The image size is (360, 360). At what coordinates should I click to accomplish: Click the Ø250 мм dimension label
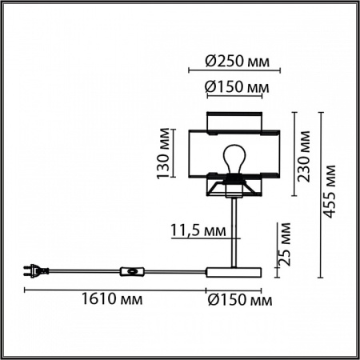238,62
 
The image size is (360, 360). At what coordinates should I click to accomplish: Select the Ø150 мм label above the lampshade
237,86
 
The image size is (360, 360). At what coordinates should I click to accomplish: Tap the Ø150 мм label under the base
240,300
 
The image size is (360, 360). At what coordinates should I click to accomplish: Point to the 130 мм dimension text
163,154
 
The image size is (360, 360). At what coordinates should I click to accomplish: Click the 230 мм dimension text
304,156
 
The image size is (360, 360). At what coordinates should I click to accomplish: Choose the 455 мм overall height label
329,192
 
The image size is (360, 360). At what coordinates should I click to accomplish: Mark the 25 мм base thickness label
284,244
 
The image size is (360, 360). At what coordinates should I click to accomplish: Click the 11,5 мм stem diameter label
198,230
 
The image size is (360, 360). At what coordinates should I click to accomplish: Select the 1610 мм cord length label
112,298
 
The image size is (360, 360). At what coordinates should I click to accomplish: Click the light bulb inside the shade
234,159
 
